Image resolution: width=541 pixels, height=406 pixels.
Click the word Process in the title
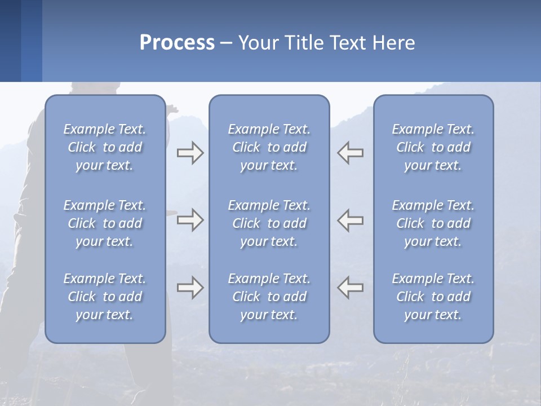click(177, 43)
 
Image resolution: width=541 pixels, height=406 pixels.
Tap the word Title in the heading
click(303, 43)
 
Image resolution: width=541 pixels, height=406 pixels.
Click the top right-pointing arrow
click(190, 153)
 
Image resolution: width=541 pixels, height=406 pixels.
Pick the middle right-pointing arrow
click(190, 220)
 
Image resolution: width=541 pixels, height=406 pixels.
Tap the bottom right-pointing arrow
click(190, 288)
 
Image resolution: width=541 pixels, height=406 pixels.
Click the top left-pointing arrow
click(351, 153)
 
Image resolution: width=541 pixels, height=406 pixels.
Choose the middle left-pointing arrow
click(351, 220)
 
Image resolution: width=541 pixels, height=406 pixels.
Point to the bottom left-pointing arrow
click(351, 288)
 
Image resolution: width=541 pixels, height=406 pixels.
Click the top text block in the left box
click(105, 147)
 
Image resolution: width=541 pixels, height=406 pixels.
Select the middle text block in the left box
click(105, 223)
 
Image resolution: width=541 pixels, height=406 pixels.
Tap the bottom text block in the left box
click(105, 297)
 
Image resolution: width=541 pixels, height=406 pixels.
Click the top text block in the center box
click(269, 147)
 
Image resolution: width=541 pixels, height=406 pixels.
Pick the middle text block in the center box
click(269, 223)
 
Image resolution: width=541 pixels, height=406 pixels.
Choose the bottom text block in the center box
click(269, 297)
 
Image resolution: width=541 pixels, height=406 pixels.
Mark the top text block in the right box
click(433, 147)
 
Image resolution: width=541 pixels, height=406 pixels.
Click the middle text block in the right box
click(433, 223)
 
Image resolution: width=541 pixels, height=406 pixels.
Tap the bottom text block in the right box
click(433, 297)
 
